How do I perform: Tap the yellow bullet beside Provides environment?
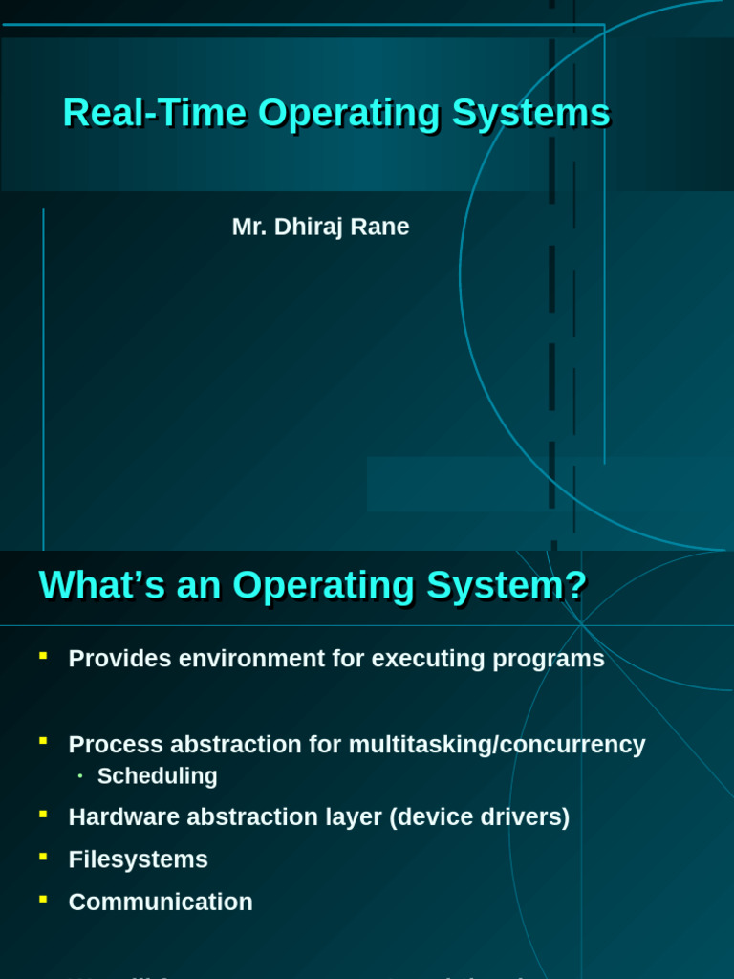[x=43, y=655]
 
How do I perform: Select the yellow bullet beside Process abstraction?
[x=43, y=740]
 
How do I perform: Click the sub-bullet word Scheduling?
[x=158, y=776]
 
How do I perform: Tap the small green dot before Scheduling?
[x=80, y=775]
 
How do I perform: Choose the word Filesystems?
[x=139, y=859]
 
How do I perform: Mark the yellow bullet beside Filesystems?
[x=43, y=856]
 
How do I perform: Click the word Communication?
[x=161, y=902]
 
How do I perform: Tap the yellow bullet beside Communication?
[x=43, y=898]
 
